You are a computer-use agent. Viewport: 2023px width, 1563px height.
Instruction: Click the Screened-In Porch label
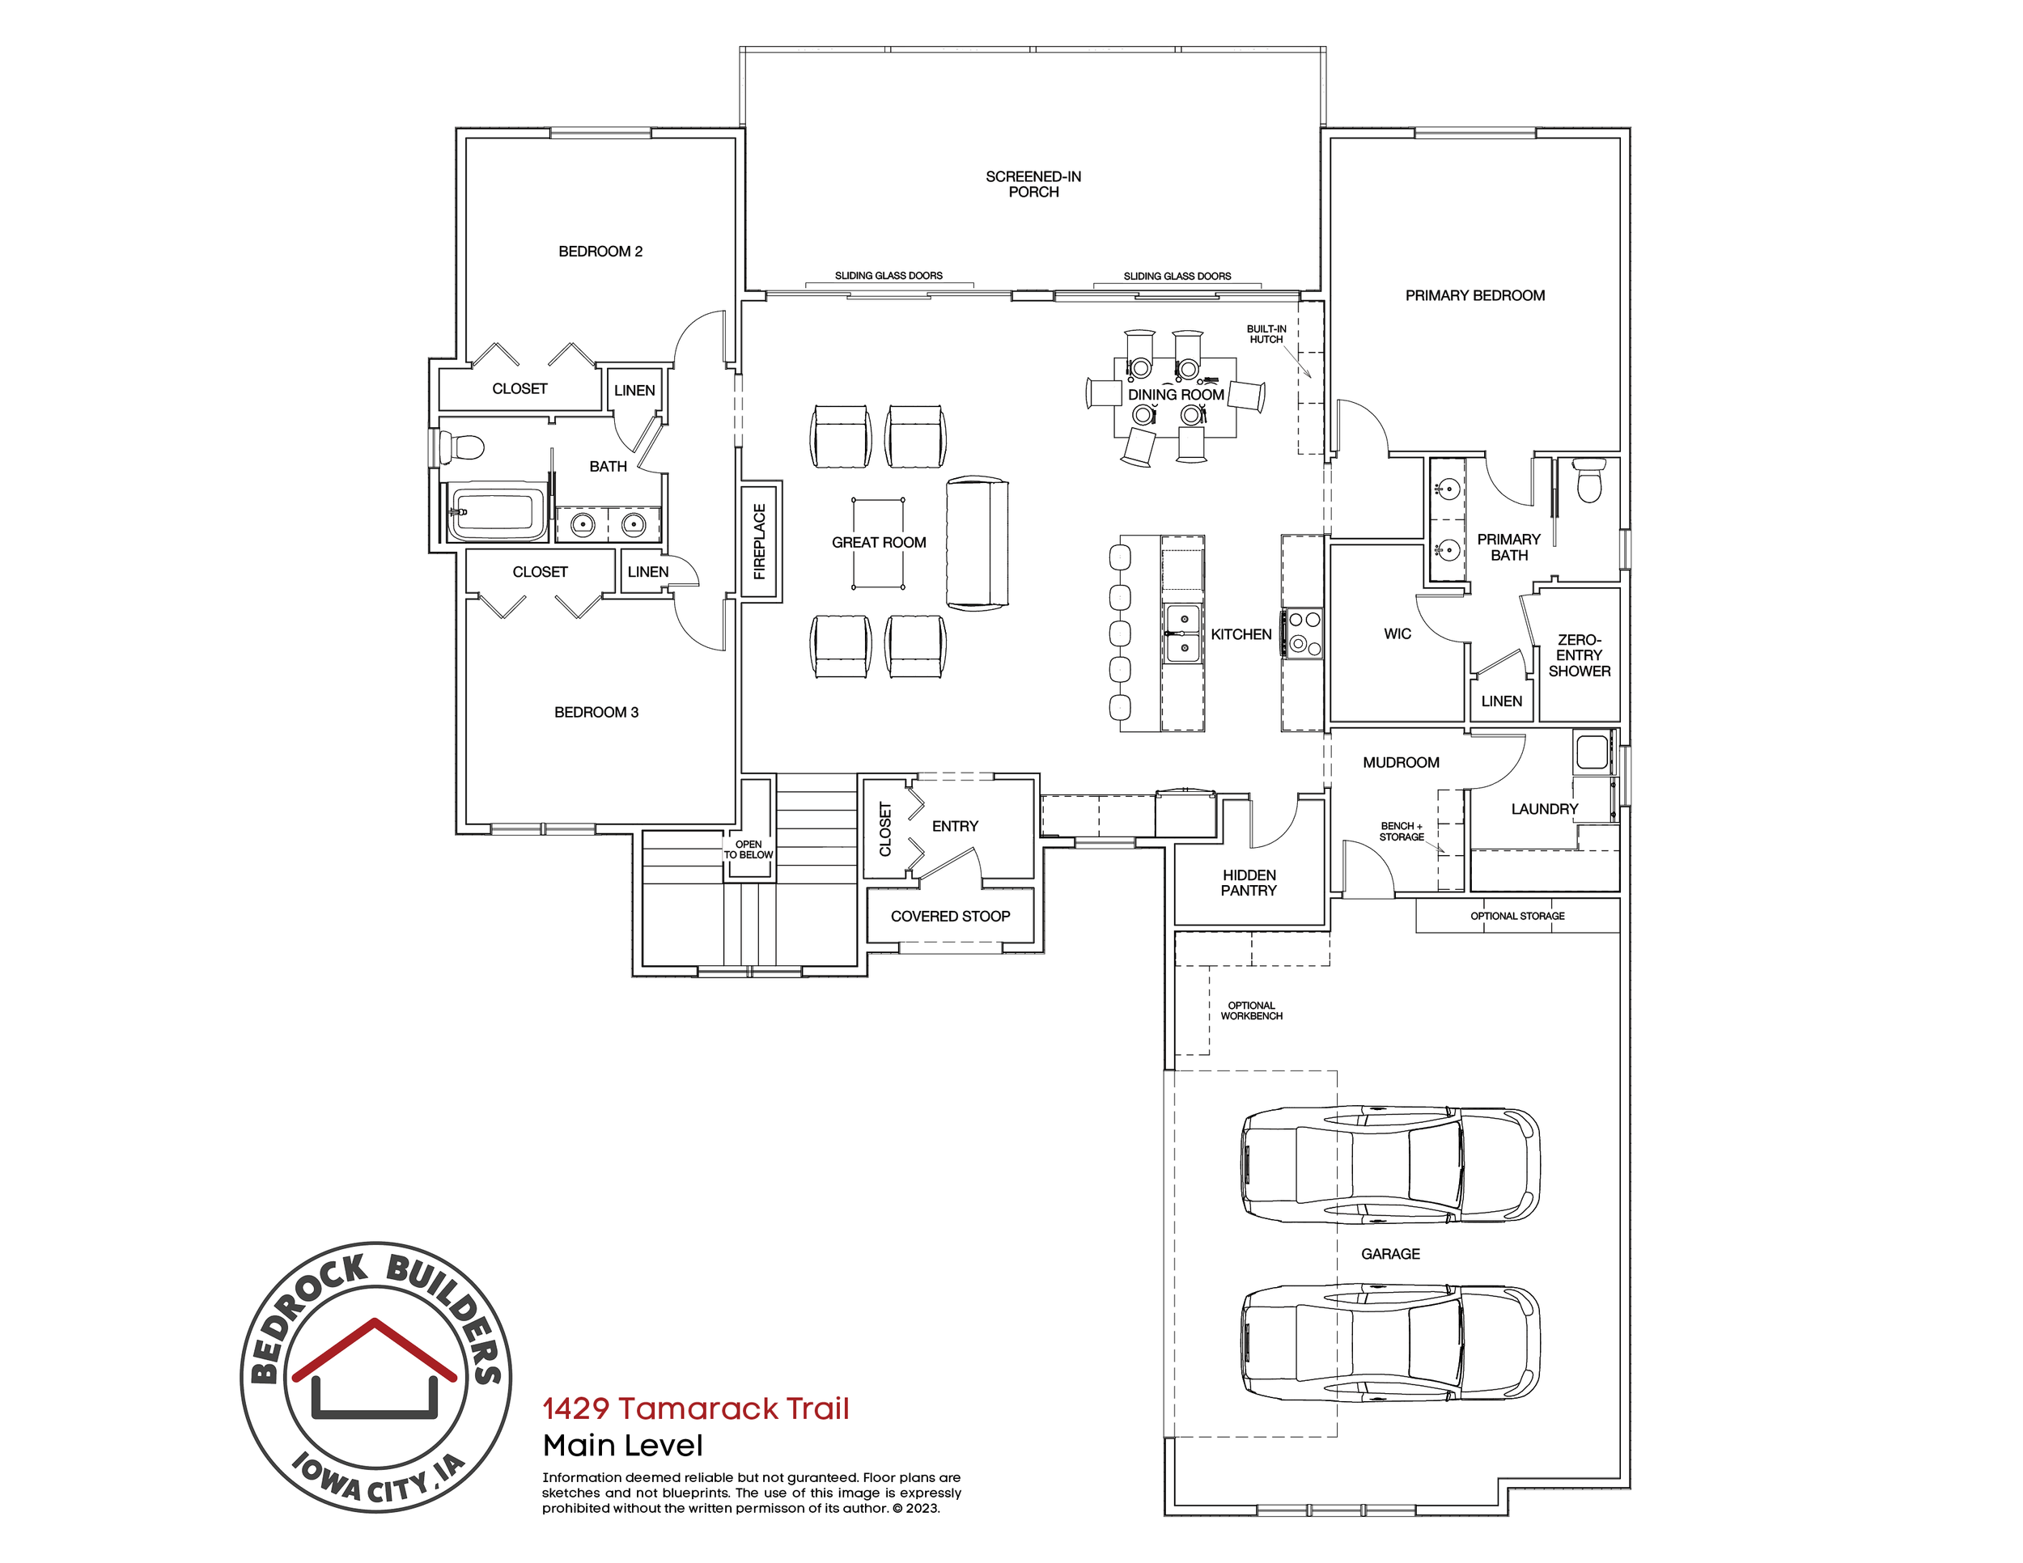click(1033, 184)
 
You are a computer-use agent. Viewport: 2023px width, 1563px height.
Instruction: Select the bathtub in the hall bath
click(495, 510)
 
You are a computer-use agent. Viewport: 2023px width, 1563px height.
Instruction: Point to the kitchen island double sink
click(1183, 633)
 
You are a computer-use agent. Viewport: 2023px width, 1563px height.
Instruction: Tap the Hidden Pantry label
click(1249, 883)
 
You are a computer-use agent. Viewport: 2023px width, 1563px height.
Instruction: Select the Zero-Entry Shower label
click(1579, 654)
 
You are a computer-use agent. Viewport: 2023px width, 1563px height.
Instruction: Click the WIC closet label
click(1397, 633)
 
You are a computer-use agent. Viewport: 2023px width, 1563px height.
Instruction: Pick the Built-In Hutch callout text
click(1266, 334)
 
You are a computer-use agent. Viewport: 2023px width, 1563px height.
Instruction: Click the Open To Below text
click(749, 849)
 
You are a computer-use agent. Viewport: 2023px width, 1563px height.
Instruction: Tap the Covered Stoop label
click(950, 916)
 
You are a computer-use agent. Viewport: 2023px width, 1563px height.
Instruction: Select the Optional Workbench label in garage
click(1251, 1010)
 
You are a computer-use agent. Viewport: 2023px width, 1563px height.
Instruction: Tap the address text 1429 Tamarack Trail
click(695, 1408)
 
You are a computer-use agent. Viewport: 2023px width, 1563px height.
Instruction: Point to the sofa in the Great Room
click(977, 543)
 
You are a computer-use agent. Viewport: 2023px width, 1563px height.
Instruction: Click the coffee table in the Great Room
click(878, 543)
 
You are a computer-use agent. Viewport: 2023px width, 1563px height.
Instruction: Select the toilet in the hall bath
click(462, 448)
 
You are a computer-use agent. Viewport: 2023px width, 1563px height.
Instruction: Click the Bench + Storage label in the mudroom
click(1402, 831)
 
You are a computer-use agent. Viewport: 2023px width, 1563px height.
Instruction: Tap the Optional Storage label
click(1517, 916)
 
